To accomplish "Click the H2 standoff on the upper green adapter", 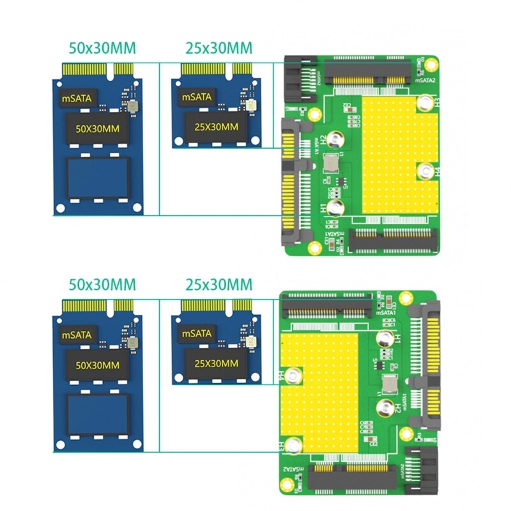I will point(334,137).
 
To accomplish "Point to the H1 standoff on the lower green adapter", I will point(385,339).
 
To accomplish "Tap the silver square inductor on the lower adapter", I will point(387,384).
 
